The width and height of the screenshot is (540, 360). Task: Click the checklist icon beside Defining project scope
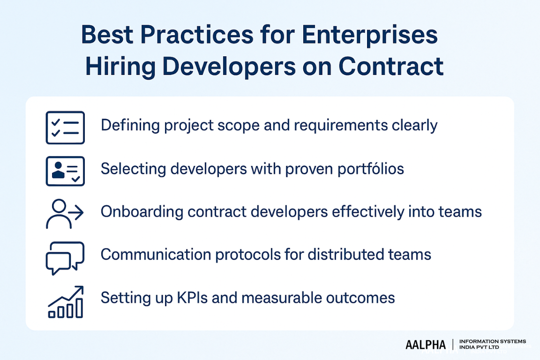(65, 127)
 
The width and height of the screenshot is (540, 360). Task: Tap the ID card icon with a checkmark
(65, 171)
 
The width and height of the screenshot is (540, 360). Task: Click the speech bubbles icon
(65, 257)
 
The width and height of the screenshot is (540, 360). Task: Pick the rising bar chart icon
(66, 302)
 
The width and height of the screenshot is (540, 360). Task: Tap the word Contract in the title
(390, 66)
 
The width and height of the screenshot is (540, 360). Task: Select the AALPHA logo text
(426, 345)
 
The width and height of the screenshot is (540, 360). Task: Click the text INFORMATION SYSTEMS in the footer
(493, 342)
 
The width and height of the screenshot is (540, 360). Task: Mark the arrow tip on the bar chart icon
(82, 287)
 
